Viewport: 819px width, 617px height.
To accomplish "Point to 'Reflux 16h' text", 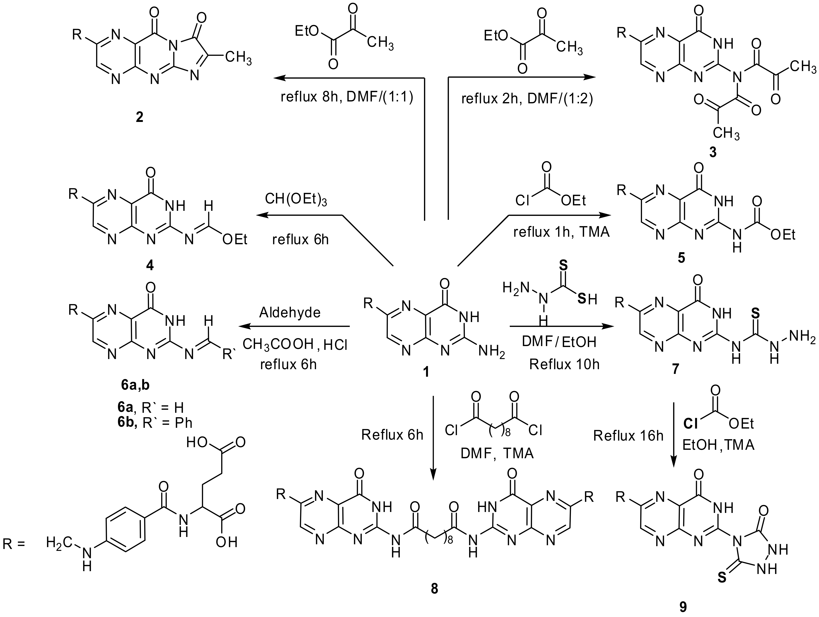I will (628, 436).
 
